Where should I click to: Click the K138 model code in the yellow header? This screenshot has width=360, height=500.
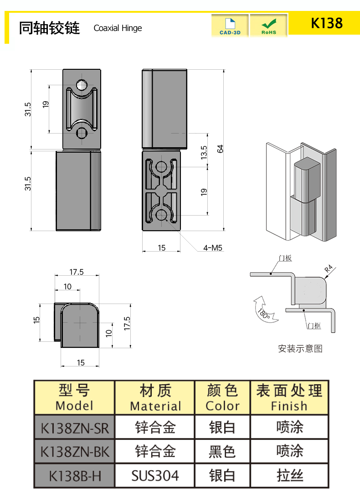coord(326,23)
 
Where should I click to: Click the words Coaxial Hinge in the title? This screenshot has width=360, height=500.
coord(118,28)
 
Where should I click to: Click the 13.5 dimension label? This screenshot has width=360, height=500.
coord(204,152)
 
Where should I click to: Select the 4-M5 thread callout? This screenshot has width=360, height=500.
coord(212,248)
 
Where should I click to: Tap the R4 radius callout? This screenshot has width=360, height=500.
coord(328,270)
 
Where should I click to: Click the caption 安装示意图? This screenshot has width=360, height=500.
coord(300,349)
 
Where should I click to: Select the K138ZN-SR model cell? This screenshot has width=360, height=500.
coord(75,428)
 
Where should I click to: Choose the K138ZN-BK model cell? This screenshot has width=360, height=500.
coord(75,452)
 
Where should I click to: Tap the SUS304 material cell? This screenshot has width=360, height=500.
coord(155,476)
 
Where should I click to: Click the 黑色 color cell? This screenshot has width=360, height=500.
coord(222,452)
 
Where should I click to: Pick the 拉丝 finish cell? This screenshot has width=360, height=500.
coord(289,476)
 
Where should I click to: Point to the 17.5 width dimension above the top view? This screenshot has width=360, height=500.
coord(76,272)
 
